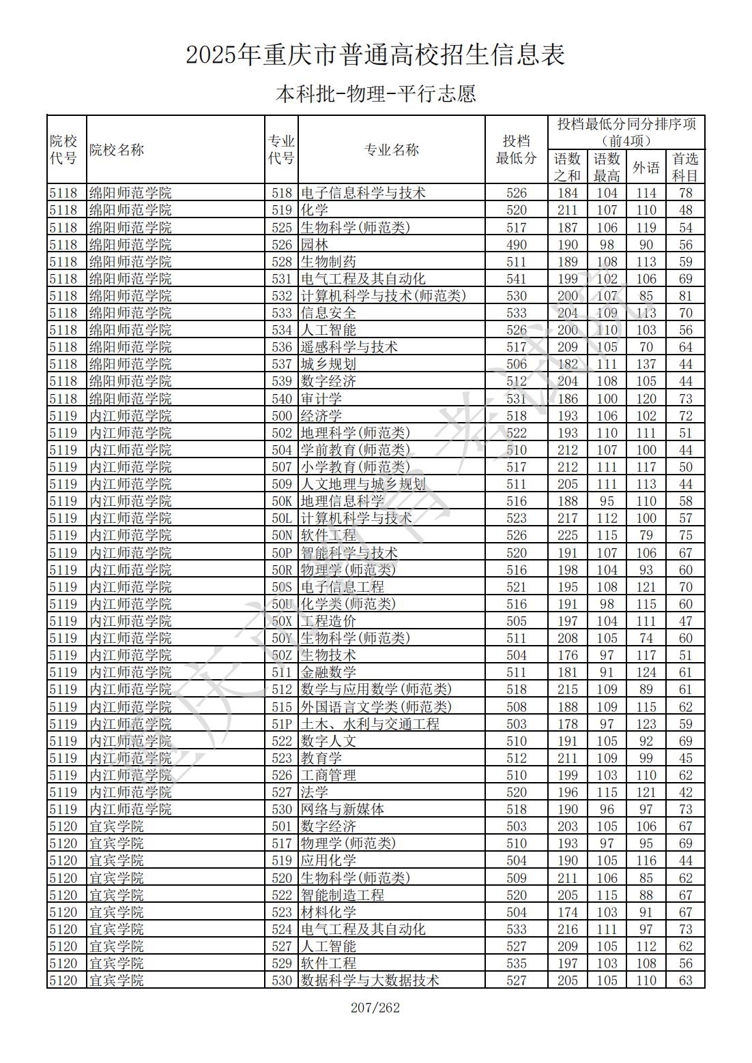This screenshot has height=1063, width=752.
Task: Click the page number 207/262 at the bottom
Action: pos(375,1008)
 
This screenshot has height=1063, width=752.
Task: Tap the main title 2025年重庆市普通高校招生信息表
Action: pos(375,55)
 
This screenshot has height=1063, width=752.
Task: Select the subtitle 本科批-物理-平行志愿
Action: pos(375,93)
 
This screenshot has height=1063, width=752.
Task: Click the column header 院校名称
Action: pos(117,150)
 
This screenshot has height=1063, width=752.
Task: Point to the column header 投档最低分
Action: pos(516,150)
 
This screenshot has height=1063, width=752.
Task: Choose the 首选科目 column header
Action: pos(685,167)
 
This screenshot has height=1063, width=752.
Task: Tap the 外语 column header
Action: pos(646,167)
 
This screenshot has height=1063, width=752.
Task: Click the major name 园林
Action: pos(315,245)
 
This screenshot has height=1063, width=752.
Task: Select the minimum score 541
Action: pos(517,279)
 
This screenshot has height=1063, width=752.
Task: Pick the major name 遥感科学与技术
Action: pos(349,347)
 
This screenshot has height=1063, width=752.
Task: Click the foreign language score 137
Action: pos(646,364)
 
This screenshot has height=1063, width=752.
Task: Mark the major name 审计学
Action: pos(321,399)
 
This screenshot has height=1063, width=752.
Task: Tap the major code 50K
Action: pos(282,501)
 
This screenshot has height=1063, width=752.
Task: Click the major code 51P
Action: pos(282,724)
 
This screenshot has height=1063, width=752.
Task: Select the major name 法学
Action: pos(315,792)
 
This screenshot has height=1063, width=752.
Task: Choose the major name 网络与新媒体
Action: pos(342,809)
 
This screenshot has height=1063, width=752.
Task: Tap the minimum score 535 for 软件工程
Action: pos(517,963)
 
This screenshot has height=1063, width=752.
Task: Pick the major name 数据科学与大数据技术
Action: pos(370,980)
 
